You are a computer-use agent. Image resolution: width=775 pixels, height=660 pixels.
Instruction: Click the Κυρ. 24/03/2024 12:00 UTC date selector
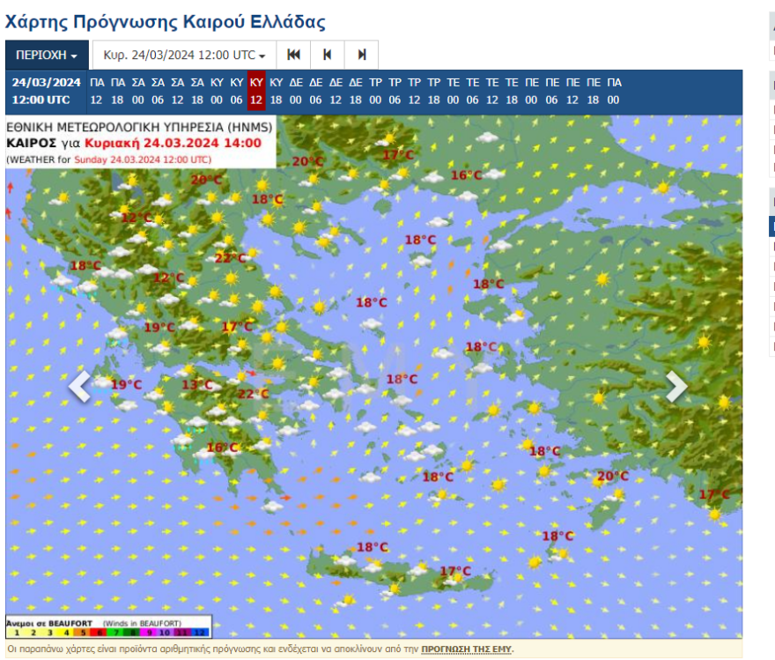184,55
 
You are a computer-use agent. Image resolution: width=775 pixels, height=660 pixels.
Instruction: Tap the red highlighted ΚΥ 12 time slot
256,91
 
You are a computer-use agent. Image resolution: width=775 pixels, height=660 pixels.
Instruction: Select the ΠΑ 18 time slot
118,91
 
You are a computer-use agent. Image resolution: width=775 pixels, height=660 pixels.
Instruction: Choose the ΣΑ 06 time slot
158,91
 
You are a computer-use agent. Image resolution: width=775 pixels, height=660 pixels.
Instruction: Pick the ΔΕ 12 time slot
336,91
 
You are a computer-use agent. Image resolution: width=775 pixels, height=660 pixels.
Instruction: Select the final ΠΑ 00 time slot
614,91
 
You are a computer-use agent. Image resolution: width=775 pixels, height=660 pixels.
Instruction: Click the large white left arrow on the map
79,386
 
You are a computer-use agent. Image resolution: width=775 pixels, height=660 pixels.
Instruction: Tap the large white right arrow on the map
675,386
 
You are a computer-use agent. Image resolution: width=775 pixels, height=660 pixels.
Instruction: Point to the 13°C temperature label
197,384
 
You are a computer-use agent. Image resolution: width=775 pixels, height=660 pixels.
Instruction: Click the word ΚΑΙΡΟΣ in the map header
32,143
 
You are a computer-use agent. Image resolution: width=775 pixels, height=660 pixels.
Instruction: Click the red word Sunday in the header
90,159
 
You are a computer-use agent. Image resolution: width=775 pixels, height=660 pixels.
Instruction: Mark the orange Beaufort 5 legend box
83,632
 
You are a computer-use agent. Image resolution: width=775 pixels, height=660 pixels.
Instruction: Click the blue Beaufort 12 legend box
200,632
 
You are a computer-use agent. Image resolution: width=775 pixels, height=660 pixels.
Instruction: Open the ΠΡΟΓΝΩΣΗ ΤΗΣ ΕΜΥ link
467,649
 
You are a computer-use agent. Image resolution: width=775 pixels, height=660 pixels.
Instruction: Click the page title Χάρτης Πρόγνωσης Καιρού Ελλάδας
166,22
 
